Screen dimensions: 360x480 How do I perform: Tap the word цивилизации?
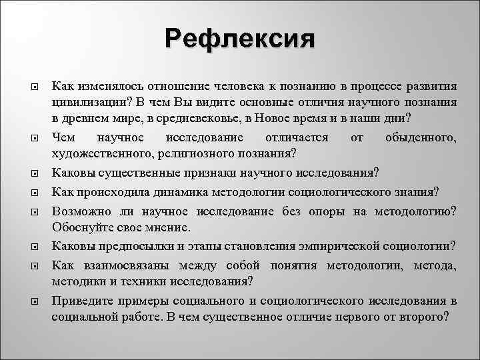pos(85,101)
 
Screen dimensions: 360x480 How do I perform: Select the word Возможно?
pos(80,211)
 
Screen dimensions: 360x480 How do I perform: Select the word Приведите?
pos(82,299)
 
